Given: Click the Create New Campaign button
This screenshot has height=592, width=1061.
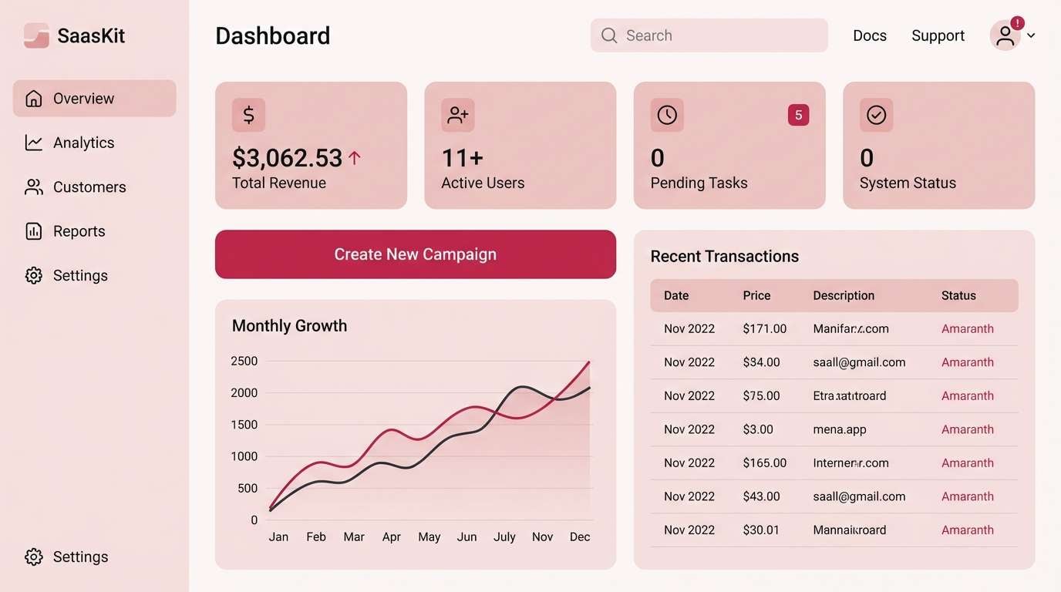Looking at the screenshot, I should (x=415, y=254).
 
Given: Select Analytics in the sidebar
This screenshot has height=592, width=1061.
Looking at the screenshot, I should (x=83, y=143).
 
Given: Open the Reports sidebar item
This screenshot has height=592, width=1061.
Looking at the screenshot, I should (x=79, y=231).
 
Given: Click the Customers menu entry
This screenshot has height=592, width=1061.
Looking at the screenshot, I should (x=89, y=187).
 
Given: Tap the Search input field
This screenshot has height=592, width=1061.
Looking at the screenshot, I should (x=709, y=35).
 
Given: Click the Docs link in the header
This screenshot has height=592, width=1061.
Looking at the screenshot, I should (x=869, y=35).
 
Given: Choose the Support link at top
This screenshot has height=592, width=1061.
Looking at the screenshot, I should (x=938, y=35).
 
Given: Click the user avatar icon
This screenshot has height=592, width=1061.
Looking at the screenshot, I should (x=1005, y=35).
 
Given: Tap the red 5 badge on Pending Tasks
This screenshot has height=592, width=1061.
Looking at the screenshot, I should (x=798, y=116).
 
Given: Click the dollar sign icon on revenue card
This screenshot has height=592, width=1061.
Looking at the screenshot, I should (x=248, y=116).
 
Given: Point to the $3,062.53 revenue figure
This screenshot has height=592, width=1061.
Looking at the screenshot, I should (x=287, y=158).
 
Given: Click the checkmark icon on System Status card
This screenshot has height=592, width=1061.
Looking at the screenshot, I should (x=876, y=116).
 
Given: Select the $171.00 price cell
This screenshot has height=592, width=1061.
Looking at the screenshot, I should (x=764, y=328).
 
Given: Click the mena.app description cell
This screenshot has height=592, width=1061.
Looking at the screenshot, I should (x=839, y=429).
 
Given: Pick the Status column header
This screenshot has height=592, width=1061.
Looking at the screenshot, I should (x=958, y=295).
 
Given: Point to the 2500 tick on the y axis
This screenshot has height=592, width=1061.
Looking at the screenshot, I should (x=244, y=361).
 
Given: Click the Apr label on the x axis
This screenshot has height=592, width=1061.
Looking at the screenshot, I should (x=391, y=536).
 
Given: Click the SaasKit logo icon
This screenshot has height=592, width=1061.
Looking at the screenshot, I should (x=36, y=35).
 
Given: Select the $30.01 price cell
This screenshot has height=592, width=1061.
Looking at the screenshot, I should (x=760, y=530).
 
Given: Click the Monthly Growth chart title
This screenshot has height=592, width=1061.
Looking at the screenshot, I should (x=289, y=325).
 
